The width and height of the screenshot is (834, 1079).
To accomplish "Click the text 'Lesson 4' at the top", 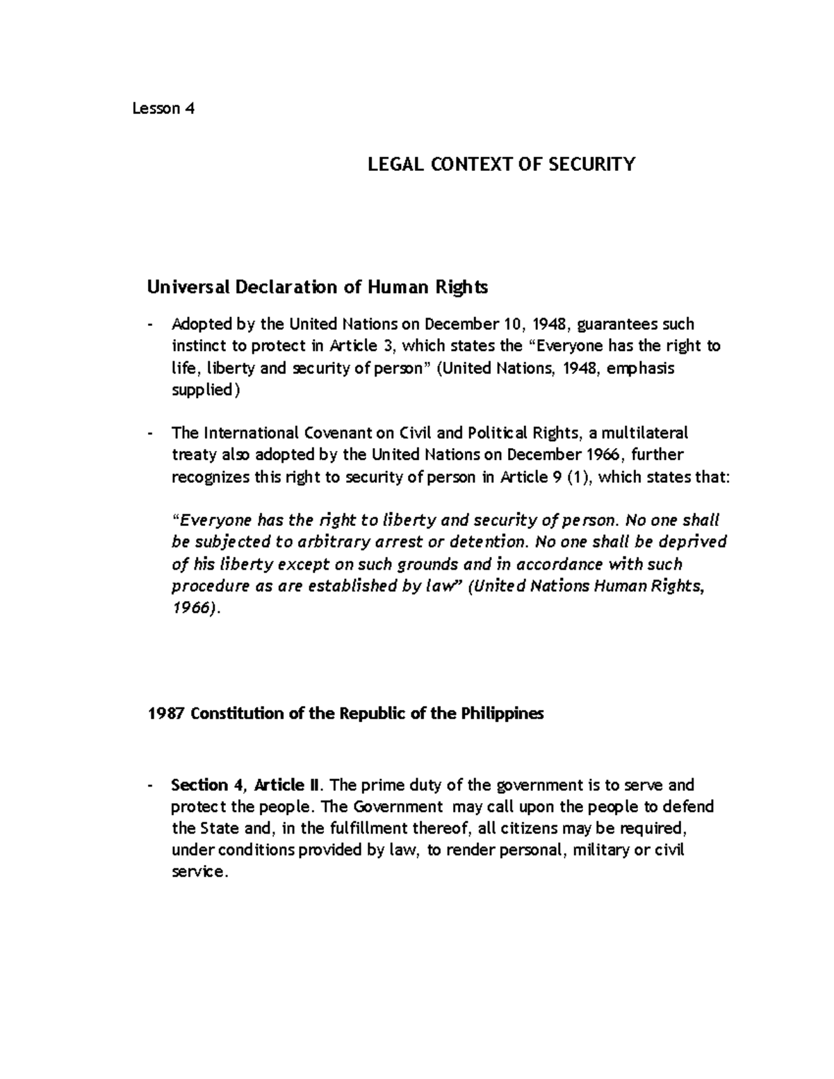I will pyautogui.click(x=163, y=108).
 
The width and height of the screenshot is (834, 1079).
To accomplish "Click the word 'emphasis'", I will pyautogui.click(x=640, y=368).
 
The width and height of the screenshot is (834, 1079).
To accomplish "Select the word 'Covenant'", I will pyautogui.click(x=339, y=433).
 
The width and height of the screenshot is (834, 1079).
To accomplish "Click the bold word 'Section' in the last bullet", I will pyautogui.click(x=199, y=785).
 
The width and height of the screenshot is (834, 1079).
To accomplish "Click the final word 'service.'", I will pyautogui.click(x=199, y=872).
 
